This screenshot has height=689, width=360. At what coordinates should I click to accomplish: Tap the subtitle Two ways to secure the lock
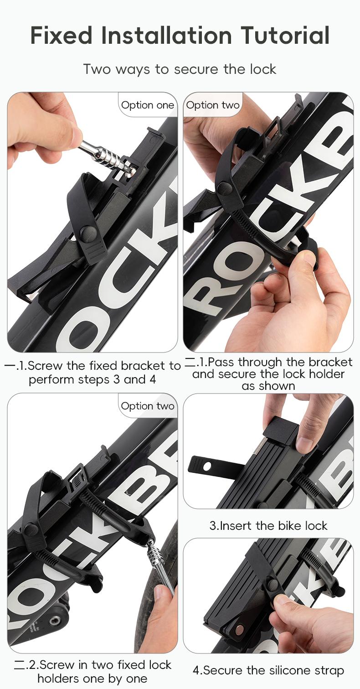coord(180,69)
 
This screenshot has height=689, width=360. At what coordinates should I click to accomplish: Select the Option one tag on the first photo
coord(148,105)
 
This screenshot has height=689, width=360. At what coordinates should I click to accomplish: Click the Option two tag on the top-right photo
coord(213,105)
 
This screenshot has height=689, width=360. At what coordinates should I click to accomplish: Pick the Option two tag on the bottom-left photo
coord(148,406)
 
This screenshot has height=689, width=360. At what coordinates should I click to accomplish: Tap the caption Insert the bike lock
coord(268,526)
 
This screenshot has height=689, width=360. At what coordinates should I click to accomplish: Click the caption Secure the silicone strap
coord(268,670)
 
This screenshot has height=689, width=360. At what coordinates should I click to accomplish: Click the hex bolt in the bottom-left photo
coord(54,620)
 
